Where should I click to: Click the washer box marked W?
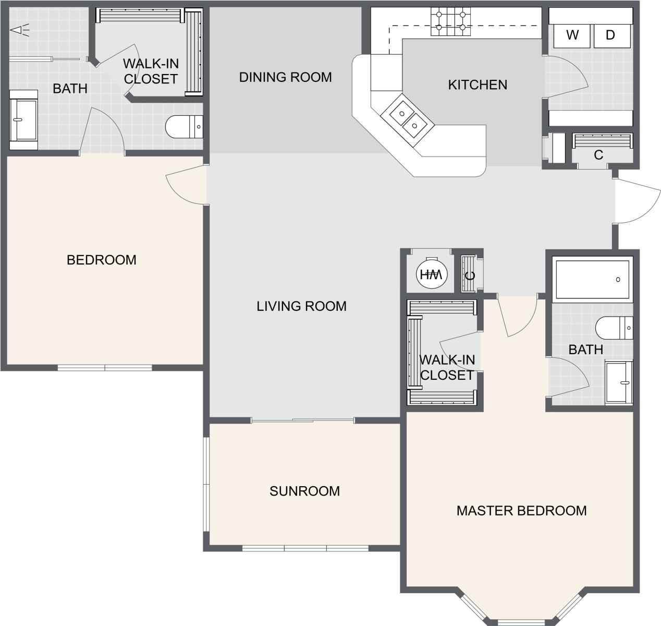(572, 35)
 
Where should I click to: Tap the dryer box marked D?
(611, 35)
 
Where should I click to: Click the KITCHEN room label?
(477, 85)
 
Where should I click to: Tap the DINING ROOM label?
(285, 77)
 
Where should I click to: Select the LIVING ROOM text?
(301, 306)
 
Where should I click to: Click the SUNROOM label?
(304, 491)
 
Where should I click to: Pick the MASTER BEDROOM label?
(521, 510)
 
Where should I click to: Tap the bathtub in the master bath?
(592, 280)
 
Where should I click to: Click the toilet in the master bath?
(614, 328)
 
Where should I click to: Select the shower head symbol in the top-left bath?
(19, 30)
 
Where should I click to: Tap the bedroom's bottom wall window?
(104, 368)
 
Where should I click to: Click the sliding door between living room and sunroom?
(302, 420)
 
